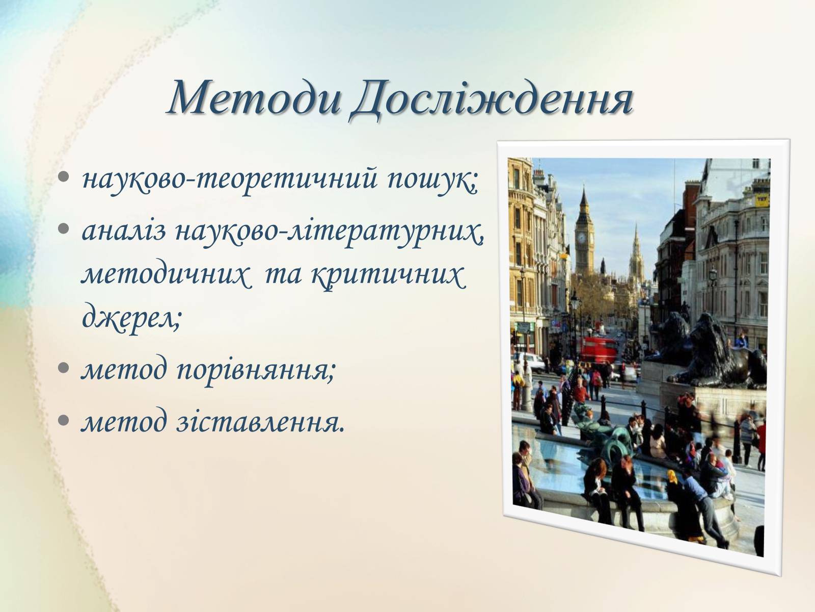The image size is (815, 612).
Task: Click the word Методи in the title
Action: (x=254, y=98)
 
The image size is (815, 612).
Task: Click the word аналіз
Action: (x=124, y=231)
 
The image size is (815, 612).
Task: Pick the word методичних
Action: (x=164, y=276)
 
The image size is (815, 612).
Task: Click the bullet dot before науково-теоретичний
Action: (x=64, y=177)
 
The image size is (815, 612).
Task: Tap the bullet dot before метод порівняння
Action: (x=64, y=368)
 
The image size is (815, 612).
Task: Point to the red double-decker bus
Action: (x=598, y=350)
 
